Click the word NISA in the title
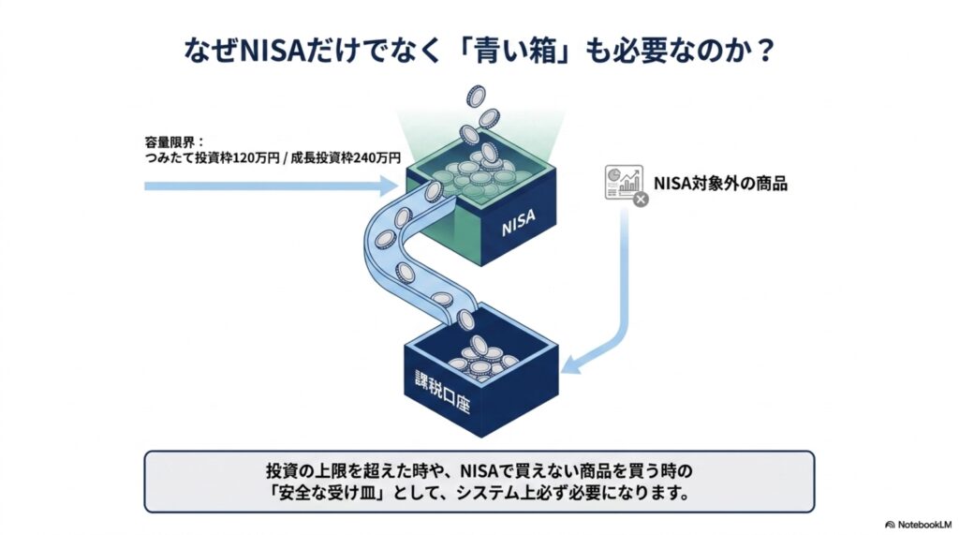click(x=272, y=51)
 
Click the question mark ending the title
click(x=762, y=51)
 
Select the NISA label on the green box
click(x=518, y=222)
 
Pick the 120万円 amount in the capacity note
click(x=257, y=158)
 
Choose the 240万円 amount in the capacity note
click(x=378, y=158)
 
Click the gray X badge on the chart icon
click(x=641, y=199)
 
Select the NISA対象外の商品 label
click(x=720, y=183)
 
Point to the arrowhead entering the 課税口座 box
click(x=571, y=364)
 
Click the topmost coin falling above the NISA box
click(x=475, y=97)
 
